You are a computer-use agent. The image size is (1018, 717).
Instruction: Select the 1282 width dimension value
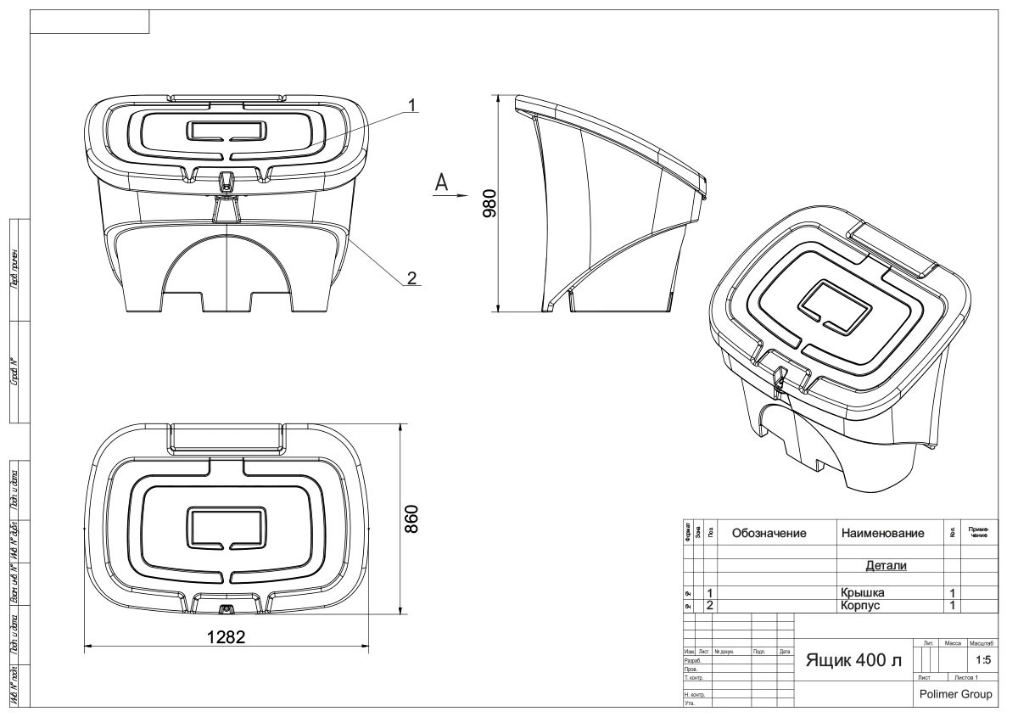coord(228,637)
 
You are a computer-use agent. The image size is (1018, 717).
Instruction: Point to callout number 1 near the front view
coord(411,105)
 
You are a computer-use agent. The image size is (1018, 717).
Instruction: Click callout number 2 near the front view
coord(411,277)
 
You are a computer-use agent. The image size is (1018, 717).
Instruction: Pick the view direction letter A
coord(440,181)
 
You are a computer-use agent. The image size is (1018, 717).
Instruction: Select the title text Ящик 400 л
coord(853,660)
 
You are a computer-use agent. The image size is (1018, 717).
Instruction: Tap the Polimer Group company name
coord(955,693)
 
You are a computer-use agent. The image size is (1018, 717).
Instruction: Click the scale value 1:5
coord(983,659)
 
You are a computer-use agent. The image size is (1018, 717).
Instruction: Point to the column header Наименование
coord(881,534)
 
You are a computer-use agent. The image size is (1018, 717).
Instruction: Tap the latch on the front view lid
coord(227,179)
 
